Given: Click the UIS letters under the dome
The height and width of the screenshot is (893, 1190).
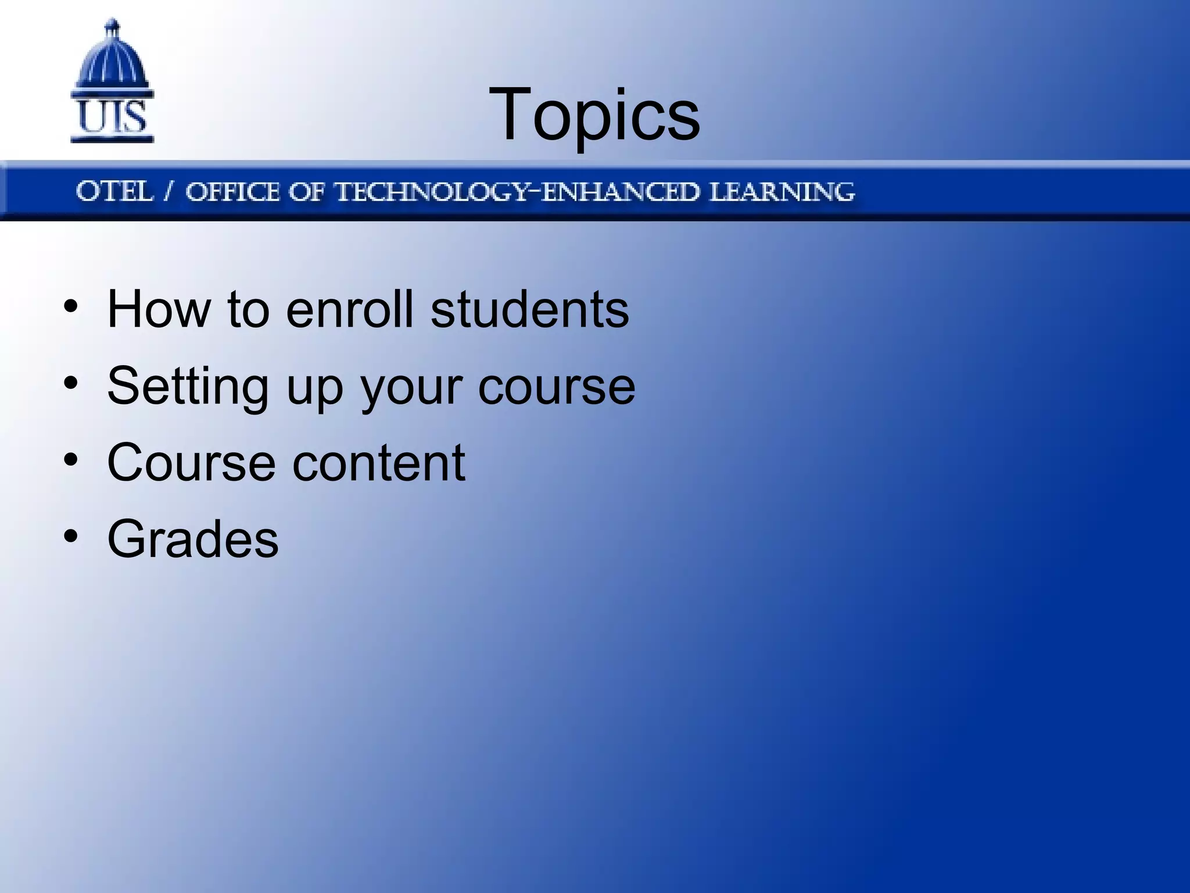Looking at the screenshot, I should click(112, 117).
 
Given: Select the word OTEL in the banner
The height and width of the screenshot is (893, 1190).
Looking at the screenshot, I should click(114, 191).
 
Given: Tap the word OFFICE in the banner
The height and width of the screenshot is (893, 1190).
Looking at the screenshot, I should click(232, 192).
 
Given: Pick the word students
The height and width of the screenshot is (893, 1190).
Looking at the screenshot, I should click(529, 309).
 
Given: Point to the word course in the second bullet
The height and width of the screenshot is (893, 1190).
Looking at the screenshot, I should click(556, 387).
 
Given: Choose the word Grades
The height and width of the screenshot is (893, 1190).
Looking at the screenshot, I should click(193, 540).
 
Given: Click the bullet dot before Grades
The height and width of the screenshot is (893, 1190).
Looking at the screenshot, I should click(71, 537).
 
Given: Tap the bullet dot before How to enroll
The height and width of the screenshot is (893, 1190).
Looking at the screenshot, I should click(71, 306).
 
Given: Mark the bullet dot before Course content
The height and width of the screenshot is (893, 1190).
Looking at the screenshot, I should click(71, 460).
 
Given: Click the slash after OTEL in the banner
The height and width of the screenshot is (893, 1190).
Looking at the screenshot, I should click(169, 191).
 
